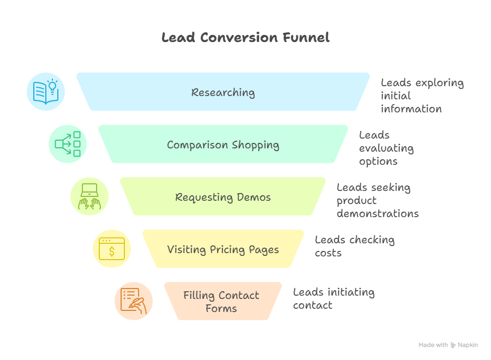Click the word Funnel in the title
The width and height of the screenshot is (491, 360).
click(306, 38)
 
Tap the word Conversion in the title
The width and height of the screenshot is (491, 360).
click(239, 38)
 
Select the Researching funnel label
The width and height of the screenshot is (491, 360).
click(223, 92)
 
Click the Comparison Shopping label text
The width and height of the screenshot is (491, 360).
click(223, 145)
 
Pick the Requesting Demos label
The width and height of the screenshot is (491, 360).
click(223, 197)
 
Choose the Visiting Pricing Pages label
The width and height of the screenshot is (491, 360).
click(223, 249)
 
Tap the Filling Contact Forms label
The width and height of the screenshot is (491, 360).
click(221, 302)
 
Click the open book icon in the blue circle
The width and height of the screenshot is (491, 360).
click(45, 93)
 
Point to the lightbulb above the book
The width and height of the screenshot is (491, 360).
click(52, 87)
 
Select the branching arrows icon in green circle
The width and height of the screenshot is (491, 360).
click(68, 144)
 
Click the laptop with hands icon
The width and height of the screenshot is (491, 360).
click(89, 196)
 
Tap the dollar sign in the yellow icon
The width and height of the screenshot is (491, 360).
click(112, 251)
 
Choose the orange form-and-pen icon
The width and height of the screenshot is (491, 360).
click(134, 301)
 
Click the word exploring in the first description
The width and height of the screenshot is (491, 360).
click(440, 83)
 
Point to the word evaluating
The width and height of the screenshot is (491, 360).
click(386, 148)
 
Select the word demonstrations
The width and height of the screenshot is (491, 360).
click(378, 213)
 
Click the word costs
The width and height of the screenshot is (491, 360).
click(328, 253)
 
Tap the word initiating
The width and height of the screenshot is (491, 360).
click(351, 292)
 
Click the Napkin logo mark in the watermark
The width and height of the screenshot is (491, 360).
click(453, 345)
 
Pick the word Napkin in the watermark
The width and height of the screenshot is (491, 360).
click(468, 345)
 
